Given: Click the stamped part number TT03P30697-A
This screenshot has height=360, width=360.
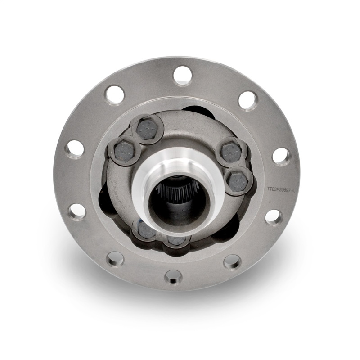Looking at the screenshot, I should (x=280, y=190).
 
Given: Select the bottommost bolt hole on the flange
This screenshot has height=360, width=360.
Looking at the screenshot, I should (x=173, y=276).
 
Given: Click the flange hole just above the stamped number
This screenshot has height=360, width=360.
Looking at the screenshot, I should (x=281, y=156).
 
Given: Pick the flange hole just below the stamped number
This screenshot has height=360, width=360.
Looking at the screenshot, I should (x=274, y=217).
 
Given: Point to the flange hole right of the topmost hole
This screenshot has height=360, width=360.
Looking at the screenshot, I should (x=247, y=100).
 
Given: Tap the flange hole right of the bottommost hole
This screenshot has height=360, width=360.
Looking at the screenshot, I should (x=232, y=261).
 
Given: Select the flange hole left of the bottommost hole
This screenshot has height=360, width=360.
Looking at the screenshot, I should (x=116, y=259).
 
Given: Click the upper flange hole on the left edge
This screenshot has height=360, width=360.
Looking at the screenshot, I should (x=75, y=149).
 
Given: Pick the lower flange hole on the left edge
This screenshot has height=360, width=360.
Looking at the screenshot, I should (x=77, y=211).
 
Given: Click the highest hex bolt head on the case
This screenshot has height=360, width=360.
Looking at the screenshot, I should (x=148, y=127).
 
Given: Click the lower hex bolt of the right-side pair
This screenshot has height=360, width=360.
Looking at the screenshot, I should (x=238, y=180).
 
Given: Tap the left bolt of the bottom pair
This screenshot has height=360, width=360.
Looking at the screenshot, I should (x=147, y=230).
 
